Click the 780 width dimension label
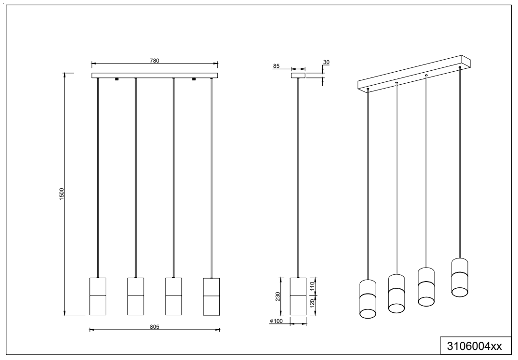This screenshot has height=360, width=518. coord(154,61)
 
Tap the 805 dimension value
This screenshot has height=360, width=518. coord(154,327)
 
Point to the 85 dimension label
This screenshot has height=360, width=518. coord(276,66)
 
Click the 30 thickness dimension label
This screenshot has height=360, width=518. coord(326,62)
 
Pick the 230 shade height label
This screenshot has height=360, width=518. coord(278,296)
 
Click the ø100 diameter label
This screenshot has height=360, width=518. coord(276,321)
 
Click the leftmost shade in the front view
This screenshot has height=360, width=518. coord(98,296)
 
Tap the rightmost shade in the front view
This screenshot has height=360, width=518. coord(212,296)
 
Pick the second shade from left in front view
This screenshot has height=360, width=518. coord(136,296)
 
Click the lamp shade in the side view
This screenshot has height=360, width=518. coord(298,296)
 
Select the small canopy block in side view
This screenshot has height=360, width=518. coord(298,76)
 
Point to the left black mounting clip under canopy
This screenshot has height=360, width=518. coord(116,79)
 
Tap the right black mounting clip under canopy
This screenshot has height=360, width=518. coord(194,79)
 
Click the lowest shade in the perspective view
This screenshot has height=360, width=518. coord(368,299)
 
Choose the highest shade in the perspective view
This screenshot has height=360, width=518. coord(459,278)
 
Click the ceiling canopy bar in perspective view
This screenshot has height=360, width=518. coord(414,73)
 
